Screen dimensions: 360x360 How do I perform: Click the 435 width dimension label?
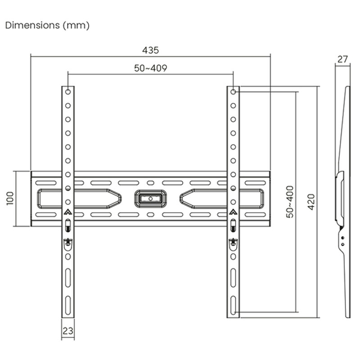[x=150, y=50]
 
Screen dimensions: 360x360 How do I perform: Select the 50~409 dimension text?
[x=151, y=68]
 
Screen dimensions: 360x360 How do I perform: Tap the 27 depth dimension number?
[x=342, y=59]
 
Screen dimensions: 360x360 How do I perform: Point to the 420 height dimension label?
[x=311, y=202]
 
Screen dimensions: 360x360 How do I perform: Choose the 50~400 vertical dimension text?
[x=290, y=202]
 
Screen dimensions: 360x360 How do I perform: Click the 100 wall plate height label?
[x=10, y=198]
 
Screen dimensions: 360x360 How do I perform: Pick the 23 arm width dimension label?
[x=68, y=331]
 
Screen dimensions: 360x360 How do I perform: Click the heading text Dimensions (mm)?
[x=47, y=25]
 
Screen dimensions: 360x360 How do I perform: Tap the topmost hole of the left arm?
[x=68, y=92]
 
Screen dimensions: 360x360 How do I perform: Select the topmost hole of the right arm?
[x=233, y=92]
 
